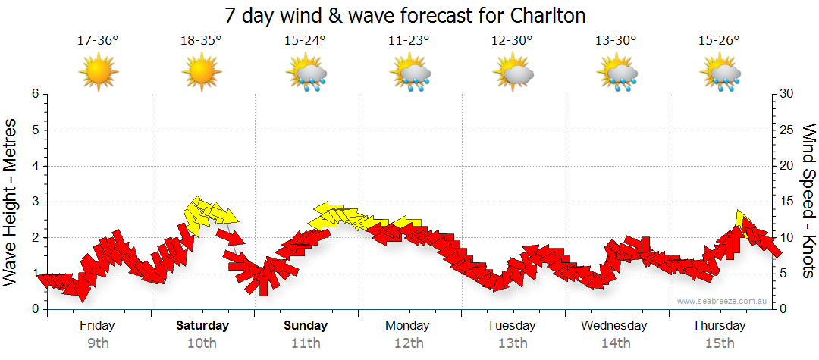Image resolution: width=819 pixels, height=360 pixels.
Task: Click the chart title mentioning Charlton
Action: point(406,15)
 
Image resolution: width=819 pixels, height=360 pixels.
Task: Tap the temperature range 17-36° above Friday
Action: point(98,40)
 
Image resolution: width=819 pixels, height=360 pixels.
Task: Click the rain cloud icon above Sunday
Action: point(306,74)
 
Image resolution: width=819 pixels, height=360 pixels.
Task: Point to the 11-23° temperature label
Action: point(409,40)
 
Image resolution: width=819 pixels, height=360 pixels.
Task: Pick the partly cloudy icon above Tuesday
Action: point(513,74)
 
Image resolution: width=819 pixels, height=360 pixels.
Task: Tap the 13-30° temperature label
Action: point(616,40)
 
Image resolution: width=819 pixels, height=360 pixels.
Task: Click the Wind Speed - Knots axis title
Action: point(807,202)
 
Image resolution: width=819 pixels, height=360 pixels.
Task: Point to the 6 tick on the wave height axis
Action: point(35,94)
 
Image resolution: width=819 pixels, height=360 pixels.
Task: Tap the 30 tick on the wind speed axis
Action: point(787,94)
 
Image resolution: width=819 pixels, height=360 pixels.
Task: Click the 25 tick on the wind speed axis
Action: point(787,130)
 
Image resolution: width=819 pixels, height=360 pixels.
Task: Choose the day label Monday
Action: point(407,326)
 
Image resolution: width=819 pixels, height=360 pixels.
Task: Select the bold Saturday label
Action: point(202,326)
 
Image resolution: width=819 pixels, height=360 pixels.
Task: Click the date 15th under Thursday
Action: point(720,343)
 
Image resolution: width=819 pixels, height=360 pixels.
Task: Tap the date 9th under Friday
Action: point(97,343)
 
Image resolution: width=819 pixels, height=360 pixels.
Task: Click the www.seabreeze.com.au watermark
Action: point(723,301)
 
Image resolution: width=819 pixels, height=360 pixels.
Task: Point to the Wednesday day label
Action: point(614,326)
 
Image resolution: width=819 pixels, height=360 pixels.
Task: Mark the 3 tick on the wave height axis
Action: point(35,202)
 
